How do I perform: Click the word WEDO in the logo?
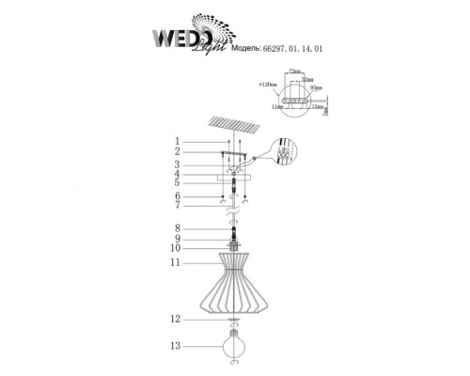(176, 37)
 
